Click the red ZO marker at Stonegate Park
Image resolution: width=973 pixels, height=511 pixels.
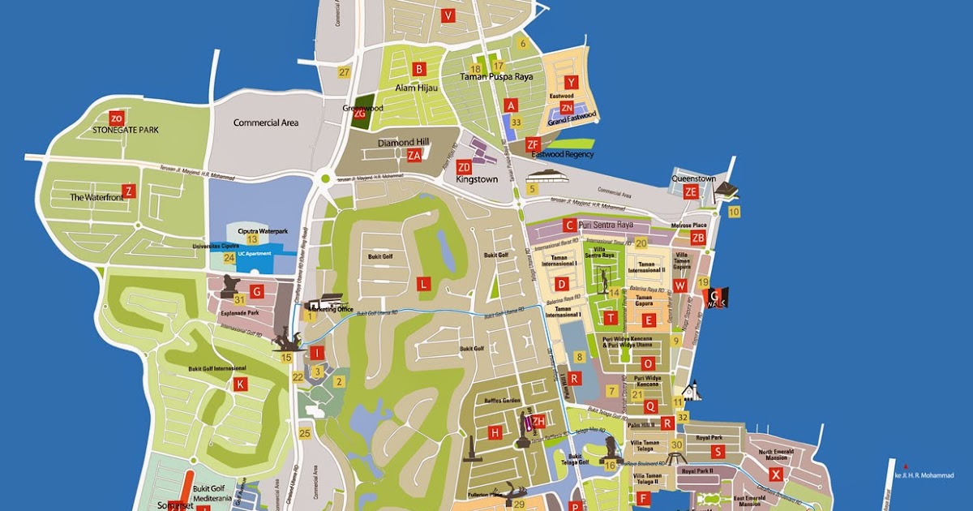(116, 117)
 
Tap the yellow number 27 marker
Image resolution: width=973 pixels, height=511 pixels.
(344, 73)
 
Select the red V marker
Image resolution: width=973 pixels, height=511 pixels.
(448, 15)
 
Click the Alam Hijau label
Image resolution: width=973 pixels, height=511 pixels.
(416, 88)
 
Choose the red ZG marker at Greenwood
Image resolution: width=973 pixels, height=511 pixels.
(360, 114)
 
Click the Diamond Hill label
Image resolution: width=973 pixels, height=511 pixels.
(401, 143)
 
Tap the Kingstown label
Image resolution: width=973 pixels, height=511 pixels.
(474, 178)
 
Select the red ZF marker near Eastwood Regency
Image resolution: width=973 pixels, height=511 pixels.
(533, 144)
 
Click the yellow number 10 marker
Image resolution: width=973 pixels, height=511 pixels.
(734, 212)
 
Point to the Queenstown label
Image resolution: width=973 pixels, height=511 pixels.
(693, 178)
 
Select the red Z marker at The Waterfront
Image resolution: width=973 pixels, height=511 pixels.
(129, 191)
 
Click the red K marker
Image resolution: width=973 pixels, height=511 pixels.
(240, 384)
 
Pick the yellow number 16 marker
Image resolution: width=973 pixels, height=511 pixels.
(610, 465)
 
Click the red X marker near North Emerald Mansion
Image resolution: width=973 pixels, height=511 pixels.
(777, 474)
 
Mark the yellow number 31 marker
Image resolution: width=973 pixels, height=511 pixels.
(239, 300)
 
